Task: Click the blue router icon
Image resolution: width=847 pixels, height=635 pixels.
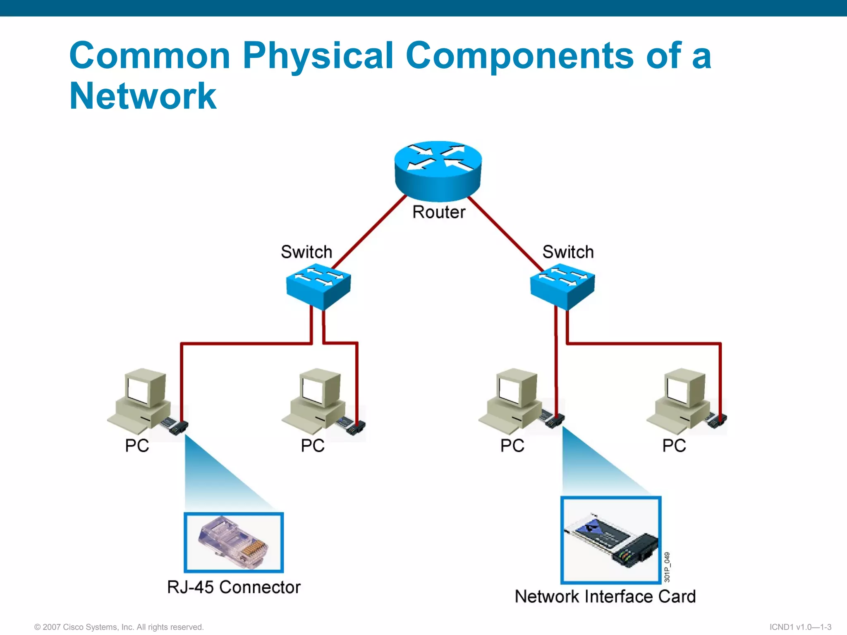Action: (x=438, y=169)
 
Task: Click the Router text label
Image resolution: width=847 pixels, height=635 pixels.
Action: (x=439, y=212)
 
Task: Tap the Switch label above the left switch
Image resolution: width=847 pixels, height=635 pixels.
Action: (x=306, y=252)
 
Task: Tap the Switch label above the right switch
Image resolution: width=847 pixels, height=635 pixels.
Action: (x=568, y=252)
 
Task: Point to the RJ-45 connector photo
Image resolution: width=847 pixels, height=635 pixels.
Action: (x=234, y=542)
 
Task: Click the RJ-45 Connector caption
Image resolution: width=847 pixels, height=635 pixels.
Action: (x=234, y=587)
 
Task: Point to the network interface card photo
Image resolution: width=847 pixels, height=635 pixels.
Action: (x=611, y=540)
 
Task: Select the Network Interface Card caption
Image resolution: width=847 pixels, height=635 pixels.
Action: (x=605, y=597)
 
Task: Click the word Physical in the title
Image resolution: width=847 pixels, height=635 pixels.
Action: (x=318, y=56)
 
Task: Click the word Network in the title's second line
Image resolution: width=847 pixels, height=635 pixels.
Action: (x=143, y=96)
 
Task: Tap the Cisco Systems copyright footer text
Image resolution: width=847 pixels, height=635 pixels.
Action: (x=119, y=627)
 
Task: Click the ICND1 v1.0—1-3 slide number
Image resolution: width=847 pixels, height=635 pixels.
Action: (x=800, y=627)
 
